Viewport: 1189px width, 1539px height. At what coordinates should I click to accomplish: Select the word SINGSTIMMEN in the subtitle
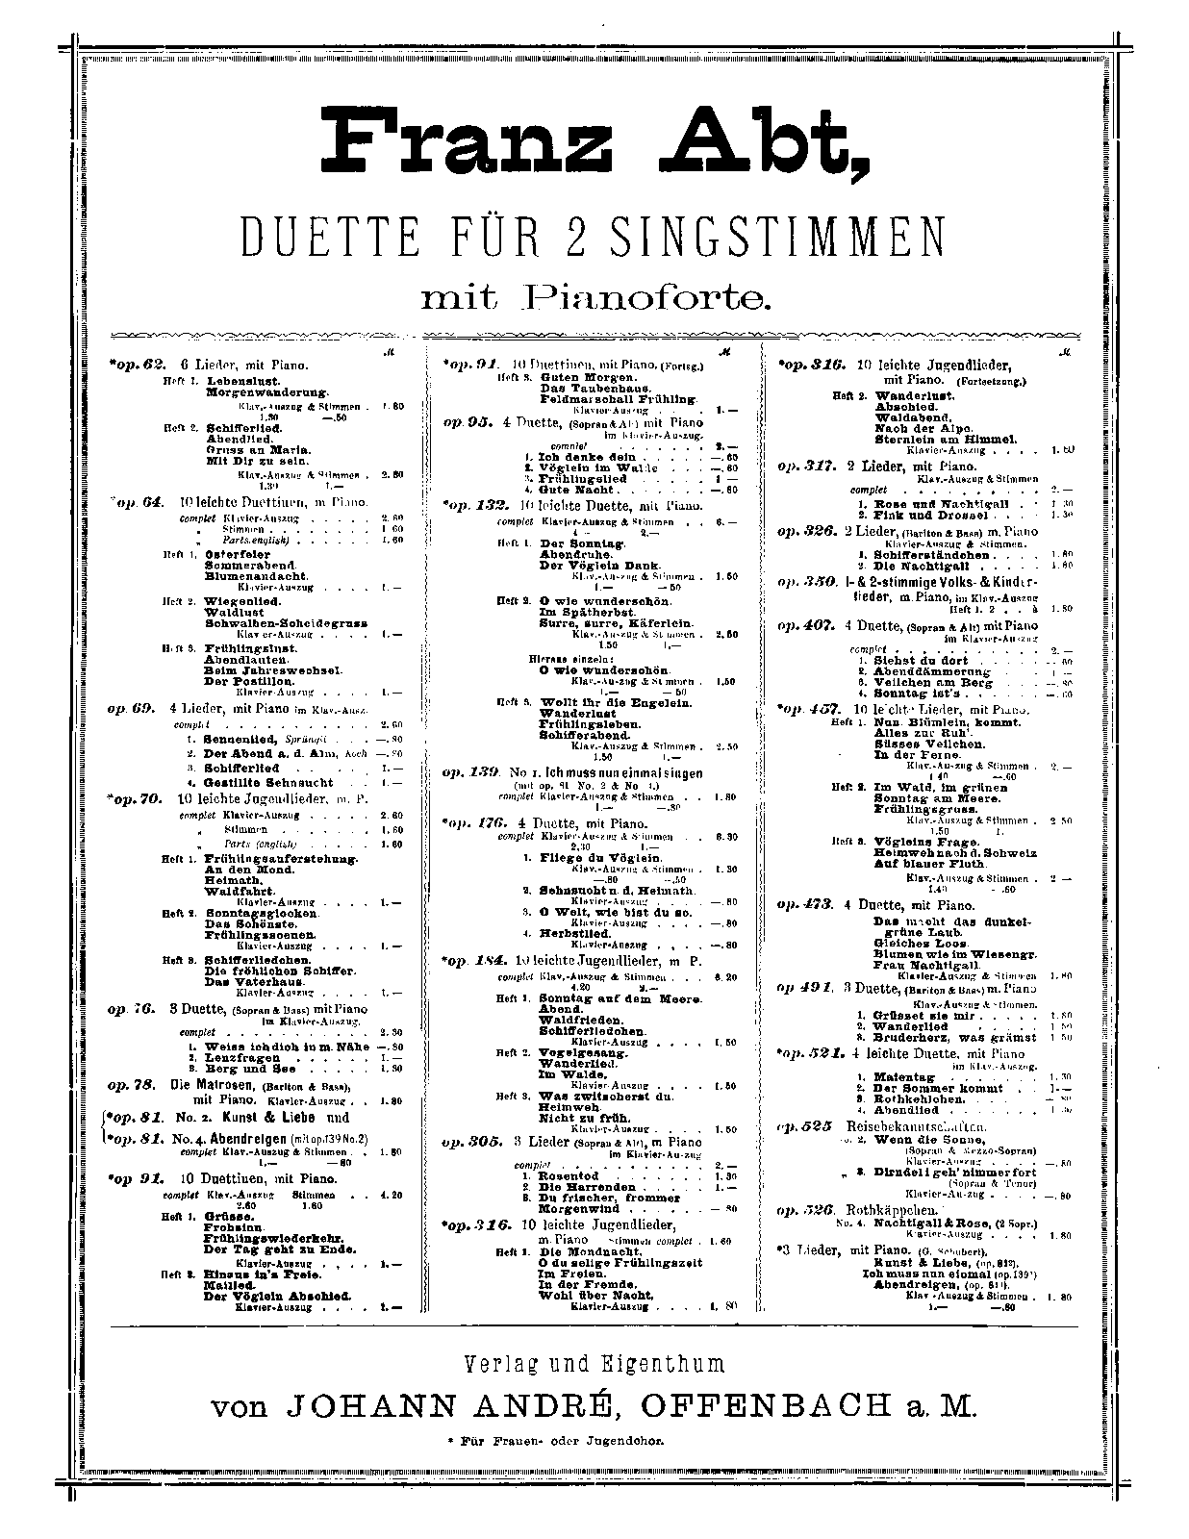(780, 238)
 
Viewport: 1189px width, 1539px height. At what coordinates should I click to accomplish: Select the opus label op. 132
(474, 505)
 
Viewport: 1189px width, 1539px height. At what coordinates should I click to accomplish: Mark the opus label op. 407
(806, 625)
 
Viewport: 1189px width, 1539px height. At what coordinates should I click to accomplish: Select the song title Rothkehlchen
(918, 1098)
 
